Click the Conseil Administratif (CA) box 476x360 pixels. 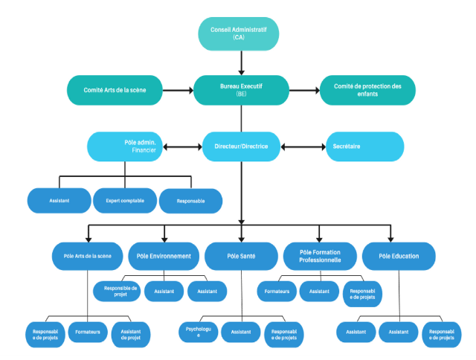click(x=239, y=33)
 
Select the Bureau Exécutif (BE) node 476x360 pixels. click(x=241, y=91)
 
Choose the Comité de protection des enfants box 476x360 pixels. click(x=367, y=91)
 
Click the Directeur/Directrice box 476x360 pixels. click(x=241, y=147)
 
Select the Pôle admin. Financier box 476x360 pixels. click(x=125, y=147)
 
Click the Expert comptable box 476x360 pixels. click(x=124, y=201)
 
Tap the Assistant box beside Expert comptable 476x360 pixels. click(x=59, y=201)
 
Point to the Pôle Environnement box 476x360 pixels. click(x=164, y=256)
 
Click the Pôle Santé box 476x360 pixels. click(x=241, y=256)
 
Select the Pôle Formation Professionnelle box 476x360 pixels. click(x=319, y=256)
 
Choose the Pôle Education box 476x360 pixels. click(x=398, y=256)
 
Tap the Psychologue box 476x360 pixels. click(x=199, y=332)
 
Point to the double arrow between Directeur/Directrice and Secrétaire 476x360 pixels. click(x=302, y=147)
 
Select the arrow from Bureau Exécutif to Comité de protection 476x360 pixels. click(x=304, y=91)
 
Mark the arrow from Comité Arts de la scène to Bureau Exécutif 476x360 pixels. click(x=178, y=91)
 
